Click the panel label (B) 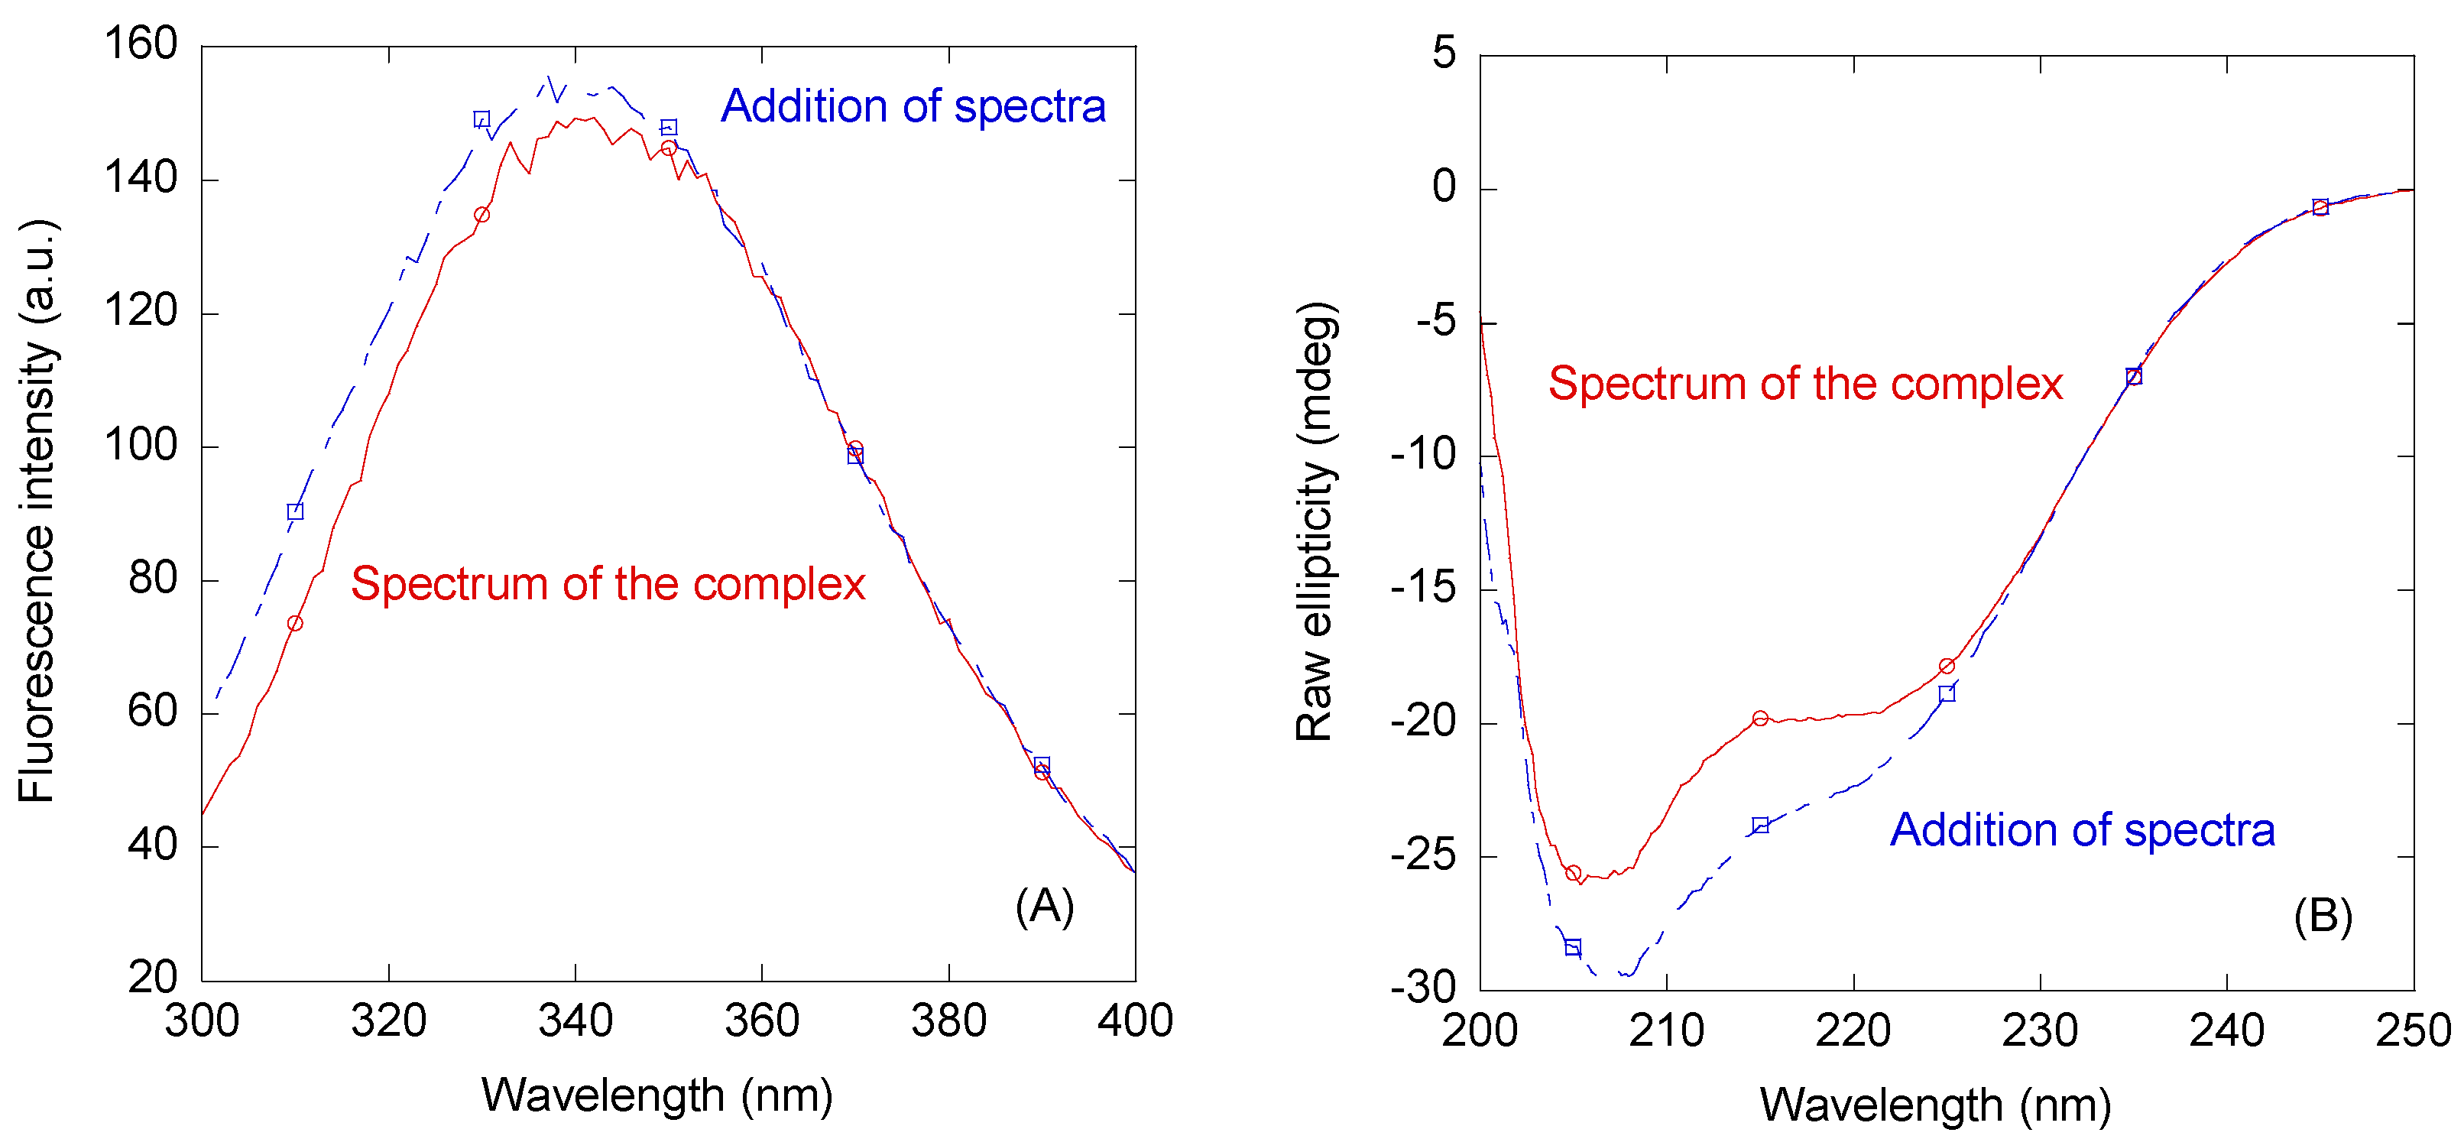coord(2323,917)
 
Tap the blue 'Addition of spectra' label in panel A coord(913,106)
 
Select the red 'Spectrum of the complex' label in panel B coord(1805,384)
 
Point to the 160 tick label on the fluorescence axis coord(141,44)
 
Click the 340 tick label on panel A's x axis coord(575,1021)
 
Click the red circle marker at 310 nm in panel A coord(294,624)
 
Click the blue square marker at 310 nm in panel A coord(294,511)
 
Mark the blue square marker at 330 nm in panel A coord(481,119)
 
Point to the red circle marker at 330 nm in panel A coord(481,215)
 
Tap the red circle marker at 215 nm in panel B coord(1760,719)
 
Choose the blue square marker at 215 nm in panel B coord(1760,826)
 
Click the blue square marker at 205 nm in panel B coord(1573,947)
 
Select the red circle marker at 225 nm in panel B coord(1947,666)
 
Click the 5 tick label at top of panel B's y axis coord(1444,53)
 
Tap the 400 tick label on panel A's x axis coord(1134,1021)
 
